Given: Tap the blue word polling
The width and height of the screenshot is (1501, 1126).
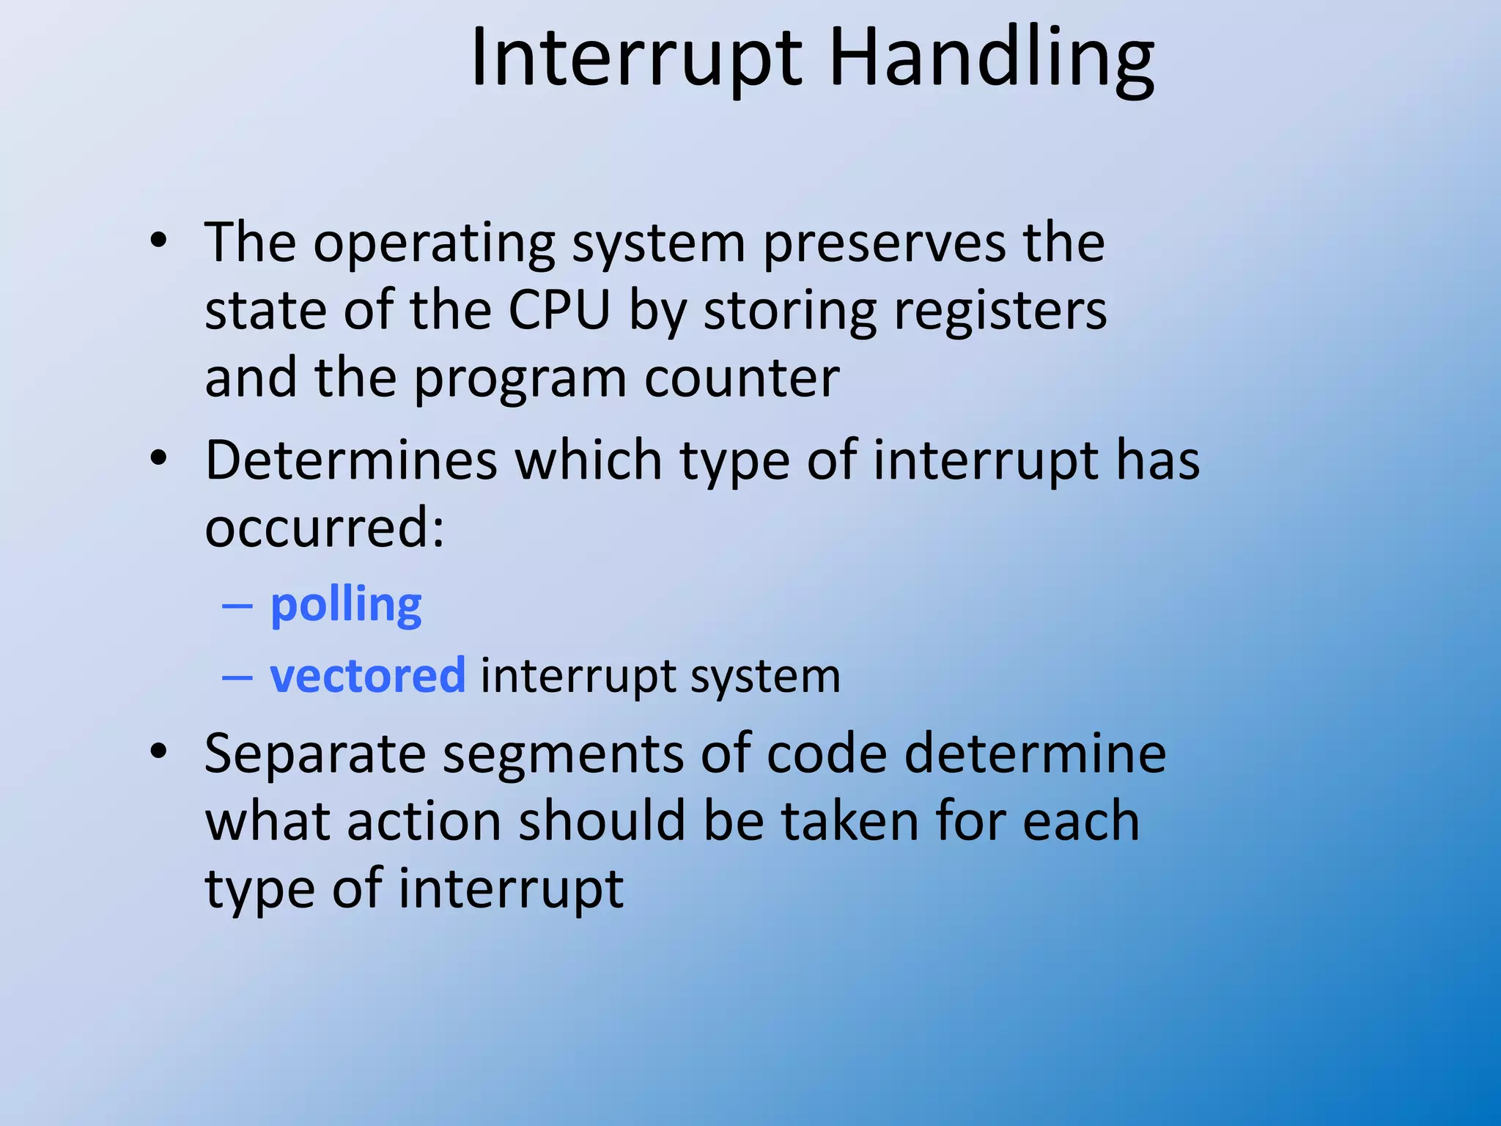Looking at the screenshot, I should (x=346, y=606).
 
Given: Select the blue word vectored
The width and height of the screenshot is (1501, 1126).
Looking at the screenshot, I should (x=367, y=674).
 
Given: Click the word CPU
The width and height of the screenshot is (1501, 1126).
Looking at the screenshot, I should (x=559, y=310).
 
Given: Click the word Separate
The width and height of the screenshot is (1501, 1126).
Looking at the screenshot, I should (x=315, y=755).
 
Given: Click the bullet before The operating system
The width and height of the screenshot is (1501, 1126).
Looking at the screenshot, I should (x=158, y=240).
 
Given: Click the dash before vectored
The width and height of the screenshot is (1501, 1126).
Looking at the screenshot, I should (x=237, y=677).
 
